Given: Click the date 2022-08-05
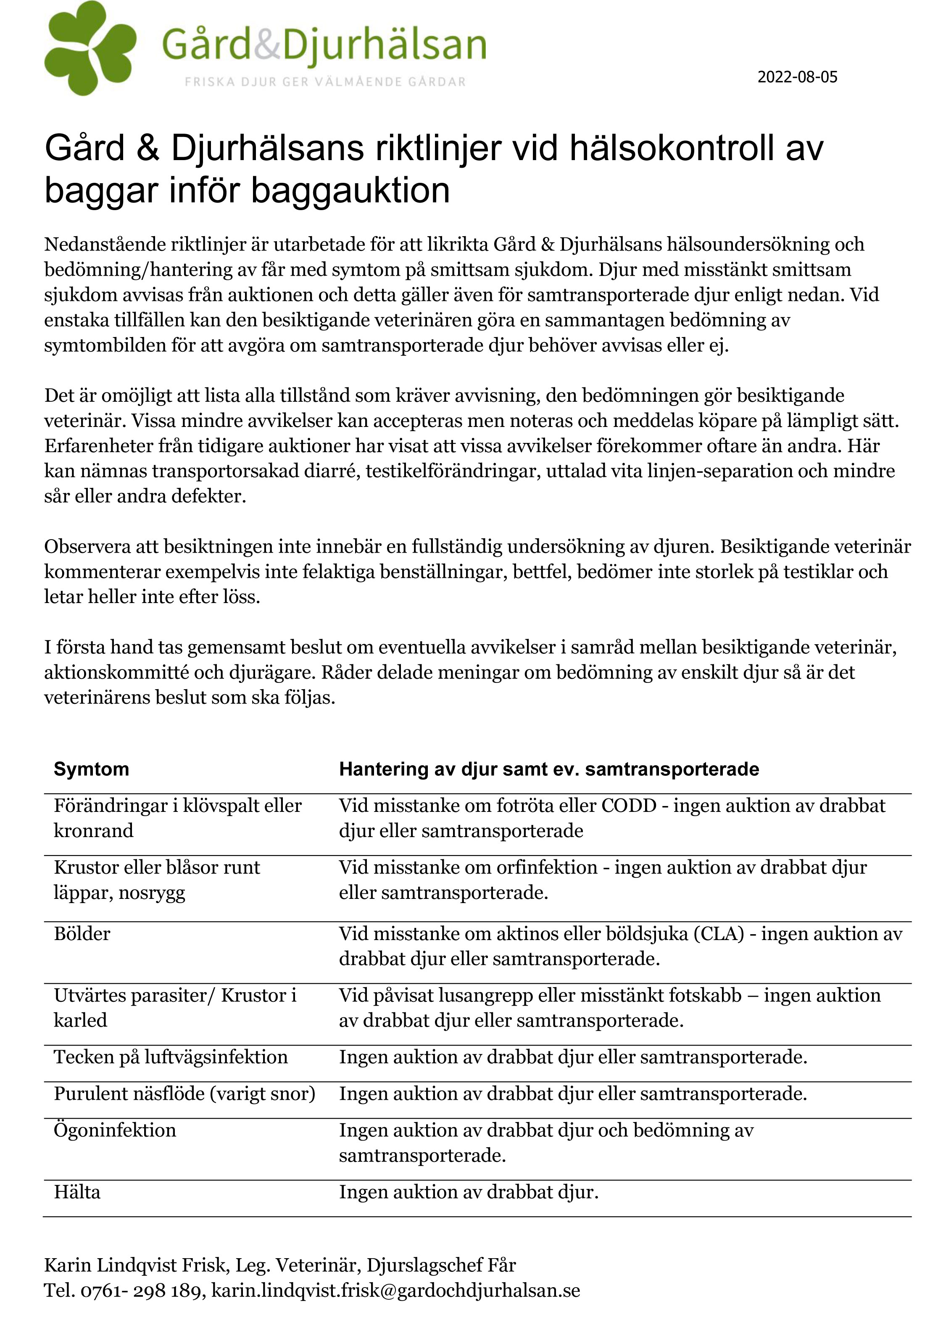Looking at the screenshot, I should pos(797,77).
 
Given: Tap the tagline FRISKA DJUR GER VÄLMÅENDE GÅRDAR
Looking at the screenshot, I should pos(325,82).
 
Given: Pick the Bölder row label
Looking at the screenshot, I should pos(82,934).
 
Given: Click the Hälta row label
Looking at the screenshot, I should pos(77,1192).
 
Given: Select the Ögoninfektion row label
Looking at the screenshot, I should pos(115,1130).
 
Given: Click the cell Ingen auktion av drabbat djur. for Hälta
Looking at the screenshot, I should pos(469,1192).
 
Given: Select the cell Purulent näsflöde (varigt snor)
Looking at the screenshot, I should pos(185,1093).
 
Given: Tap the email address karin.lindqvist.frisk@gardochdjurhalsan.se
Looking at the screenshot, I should pos(395,1291).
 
